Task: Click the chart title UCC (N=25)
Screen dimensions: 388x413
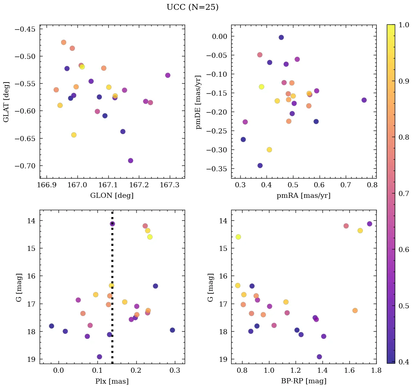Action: [192, 8]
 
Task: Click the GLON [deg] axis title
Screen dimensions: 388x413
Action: [112, 196]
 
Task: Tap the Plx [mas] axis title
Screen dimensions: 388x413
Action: [112, 381]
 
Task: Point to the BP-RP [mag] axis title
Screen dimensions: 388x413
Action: [304, 381]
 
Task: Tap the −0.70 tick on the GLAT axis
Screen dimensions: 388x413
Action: [25, 166]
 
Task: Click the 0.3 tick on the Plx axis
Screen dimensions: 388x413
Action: [176, 371]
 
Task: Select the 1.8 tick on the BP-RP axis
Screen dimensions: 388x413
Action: [376, 371]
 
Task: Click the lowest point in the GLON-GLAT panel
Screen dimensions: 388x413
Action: [131, 161]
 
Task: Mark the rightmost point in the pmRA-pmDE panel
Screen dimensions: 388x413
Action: [364, 100]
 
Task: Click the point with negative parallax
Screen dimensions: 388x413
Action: [52, 326]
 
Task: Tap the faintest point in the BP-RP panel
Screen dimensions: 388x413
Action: [319, 357]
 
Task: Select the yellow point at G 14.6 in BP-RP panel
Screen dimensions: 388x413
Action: [238, 237]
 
